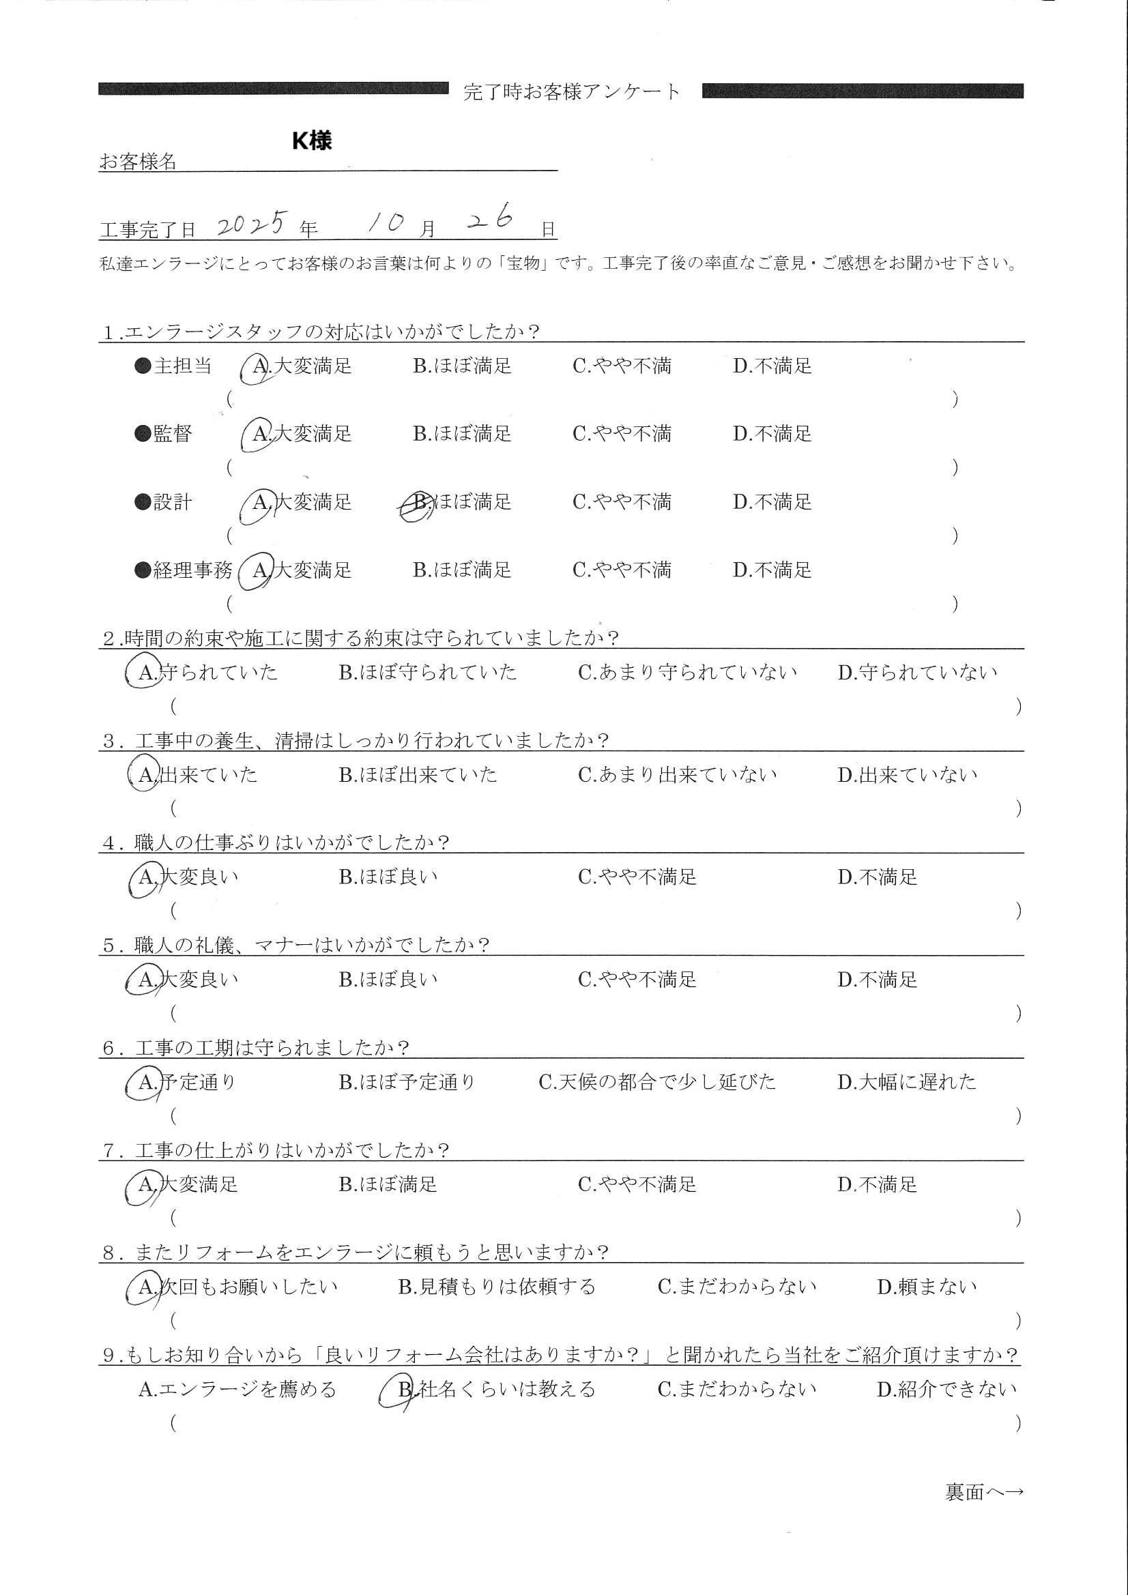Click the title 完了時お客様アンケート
click(571, 91)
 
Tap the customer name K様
click(311, 141)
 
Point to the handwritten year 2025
click(252, 223)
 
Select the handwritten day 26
click(491, 220)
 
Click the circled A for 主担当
click(259, 367)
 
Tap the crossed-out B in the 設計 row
click(418, 502)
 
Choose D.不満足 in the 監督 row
click(772, 434)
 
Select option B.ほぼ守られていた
click(427, 673)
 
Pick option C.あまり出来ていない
click(677, 774)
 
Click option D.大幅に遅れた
click(906, 1081)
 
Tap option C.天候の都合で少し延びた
click(656, 1081)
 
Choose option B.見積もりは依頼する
click(496, 1287)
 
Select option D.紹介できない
click(946, 1390)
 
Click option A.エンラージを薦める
click(237, 1390)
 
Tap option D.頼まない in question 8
click(927, 1287)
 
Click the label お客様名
click(138, 162)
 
